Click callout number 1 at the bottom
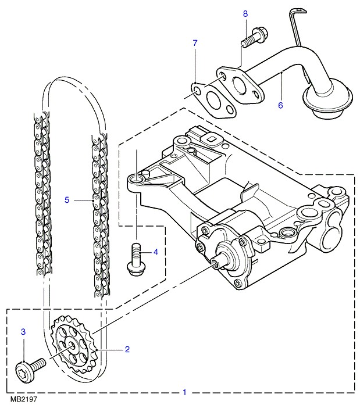[x=184, y=392]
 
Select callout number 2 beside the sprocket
[x=127, y=349]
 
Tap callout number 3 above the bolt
[x=23, y=331]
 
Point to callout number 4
[x=155, y=252]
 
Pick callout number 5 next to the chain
[x=67, y=200]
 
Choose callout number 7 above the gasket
[x=195, y=43]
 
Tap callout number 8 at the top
[x=245, y=13]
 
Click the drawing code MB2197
[x=23, y=400]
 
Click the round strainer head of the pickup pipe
[x=329, y=105]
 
